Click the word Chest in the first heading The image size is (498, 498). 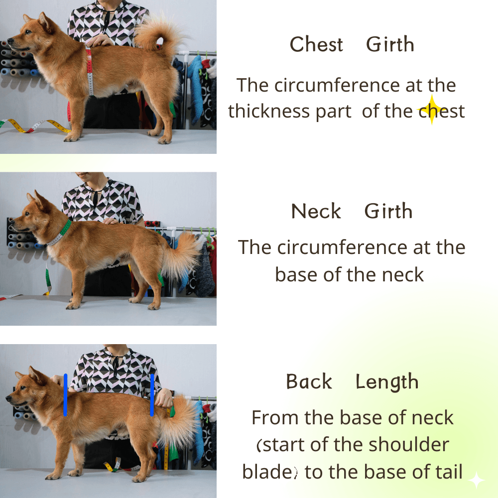click(x=316, y=44)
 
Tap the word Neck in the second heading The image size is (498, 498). click(x=316, y=211)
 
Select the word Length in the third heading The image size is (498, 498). click(x=387, y=382)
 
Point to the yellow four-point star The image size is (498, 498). click(x=432, y=109)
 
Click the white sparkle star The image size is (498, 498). click(x=477, y=480)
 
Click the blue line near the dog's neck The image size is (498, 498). click(x=65, y=395)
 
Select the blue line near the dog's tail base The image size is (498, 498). click(x=152, y=395)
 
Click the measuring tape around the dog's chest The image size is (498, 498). click(x=90, y=71)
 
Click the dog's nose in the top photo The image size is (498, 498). click(x=9, y=41)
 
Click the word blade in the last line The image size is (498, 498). click(x=265, y=472)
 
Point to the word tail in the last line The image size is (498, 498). click(x=448, y=472)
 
